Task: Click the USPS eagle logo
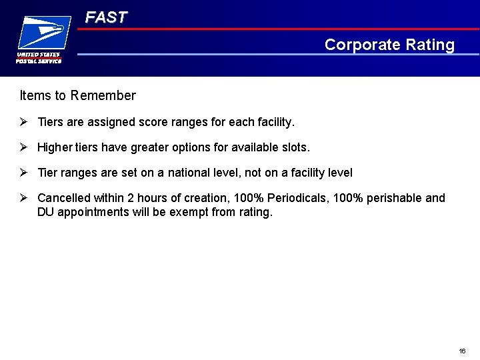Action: tap(44, 32)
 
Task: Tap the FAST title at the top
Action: tap(105, 17)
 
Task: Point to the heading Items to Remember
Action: tap(77, 95)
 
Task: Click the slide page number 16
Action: tap(462, 351)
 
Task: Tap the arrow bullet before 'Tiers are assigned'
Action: tap(23, 122)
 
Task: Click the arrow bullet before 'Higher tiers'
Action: tap(23, 147)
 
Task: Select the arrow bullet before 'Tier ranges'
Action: tap(23, 173)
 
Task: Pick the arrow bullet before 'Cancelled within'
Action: tap(23, 198)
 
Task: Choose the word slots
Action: tap(294, 147)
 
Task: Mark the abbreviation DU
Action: tap(46, 213)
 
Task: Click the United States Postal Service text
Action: tap(39, 58)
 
